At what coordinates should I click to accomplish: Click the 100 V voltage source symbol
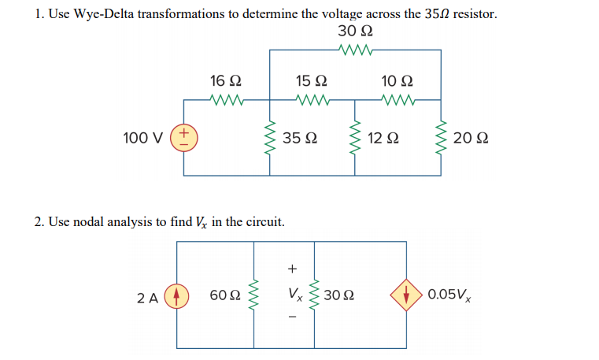185,139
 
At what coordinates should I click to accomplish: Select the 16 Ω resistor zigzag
226,100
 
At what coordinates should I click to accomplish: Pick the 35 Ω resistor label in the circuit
300,139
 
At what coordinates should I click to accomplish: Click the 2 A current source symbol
177,296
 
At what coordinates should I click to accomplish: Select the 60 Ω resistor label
225,296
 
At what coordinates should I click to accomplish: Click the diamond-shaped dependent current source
407,296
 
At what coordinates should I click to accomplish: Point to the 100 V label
143,139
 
